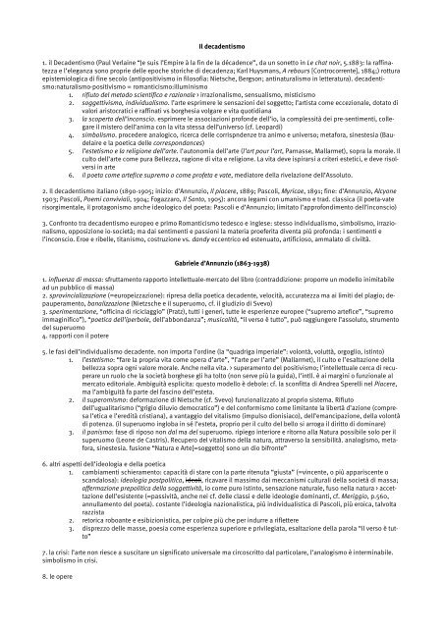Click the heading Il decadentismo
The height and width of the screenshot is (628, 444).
pos(222,46)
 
